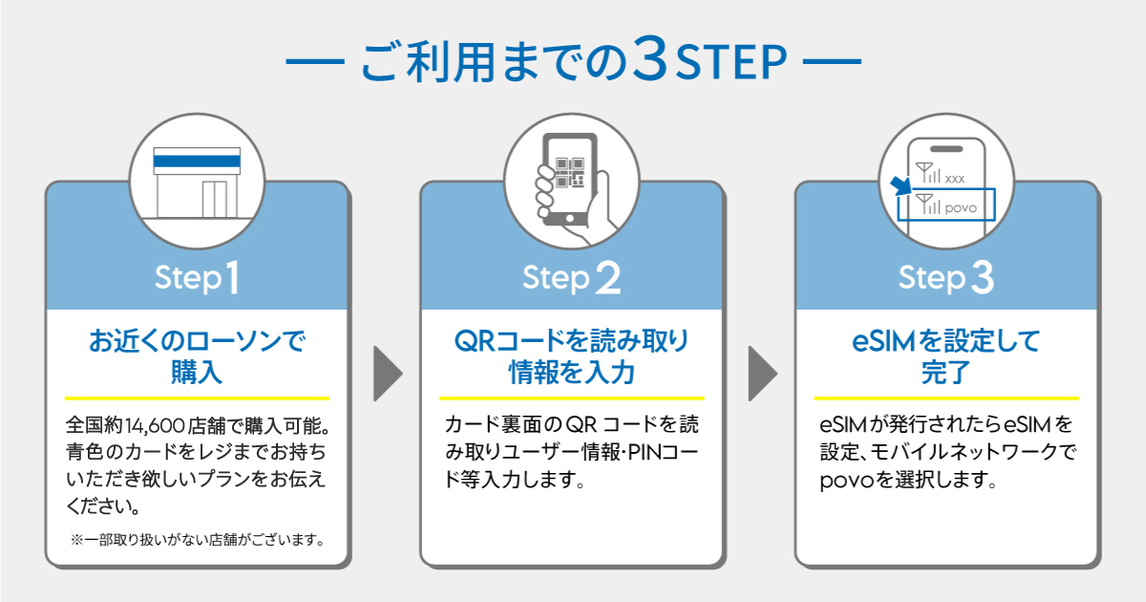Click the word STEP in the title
coord(732,62)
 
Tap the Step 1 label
coord(197,277)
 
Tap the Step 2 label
coord(571,277)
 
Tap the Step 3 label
coord(946,277)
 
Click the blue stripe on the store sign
coord(197,161)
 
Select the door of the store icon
coord(214,199)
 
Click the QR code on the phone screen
coord(570,173)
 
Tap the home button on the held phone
coord(570,218)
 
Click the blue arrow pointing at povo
coord(901,185)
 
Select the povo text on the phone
coord(961,208)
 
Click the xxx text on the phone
coord(955,179)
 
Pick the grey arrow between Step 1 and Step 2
coord(388,374)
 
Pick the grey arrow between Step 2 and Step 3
coord(763,374)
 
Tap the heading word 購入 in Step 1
coord(197,372)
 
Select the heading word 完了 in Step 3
coord(946,372)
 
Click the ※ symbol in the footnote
coord(76,540)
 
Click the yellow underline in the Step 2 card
coord(571,398)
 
